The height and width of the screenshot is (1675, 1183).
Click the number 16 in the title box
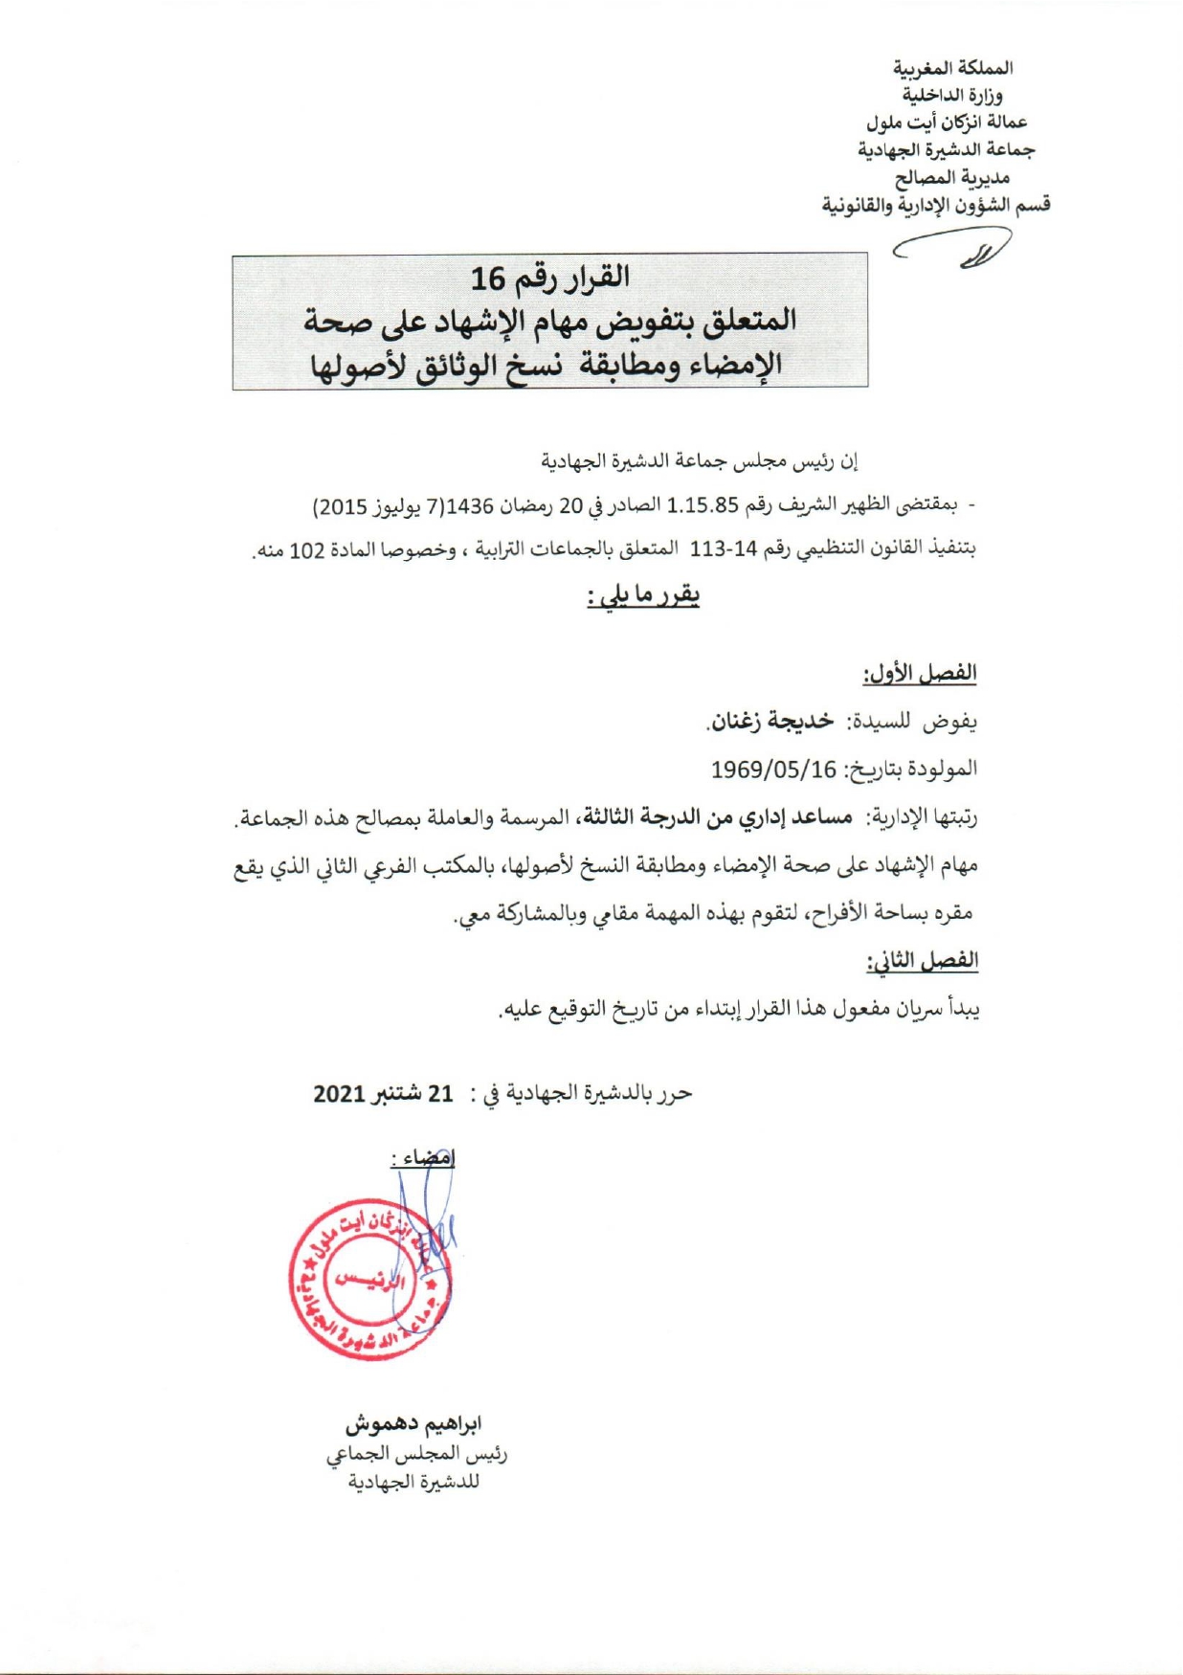[487, 279]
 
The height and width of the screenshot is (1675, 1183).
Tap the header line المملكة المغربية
[952, 68]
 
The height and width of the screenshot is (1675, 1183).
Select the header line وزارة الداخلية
[952, 95]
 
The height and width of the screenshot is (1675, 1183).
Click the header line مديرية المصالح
[952, 177]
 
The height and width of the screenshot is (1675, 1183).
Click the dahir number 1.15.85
[703, 504]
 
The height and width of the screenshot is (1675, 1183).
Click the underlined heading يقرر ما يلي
[643, 596]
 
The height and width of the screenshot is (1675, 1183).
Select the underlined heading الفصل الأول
[919, 674]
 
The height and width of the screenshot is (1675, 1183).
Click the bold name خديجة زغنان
[770, 722]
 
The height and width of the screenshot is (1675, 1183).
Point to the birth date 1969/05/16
[773, 770]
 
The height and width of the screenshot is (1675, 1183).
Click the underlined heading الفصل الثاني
[923, 961]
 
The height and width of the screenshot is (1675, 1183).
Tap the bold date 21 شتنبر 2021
[383, 1093]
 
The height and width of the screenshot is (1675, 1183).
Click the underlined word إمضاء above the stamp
[423, 1158]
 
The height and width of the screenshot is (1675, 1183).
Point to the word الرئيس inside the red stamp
[369, 1281]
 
